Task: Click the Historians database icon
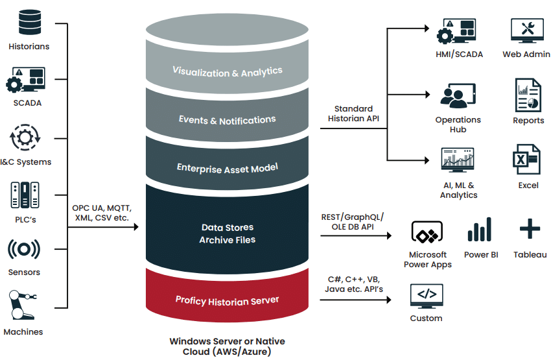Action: point(29,22)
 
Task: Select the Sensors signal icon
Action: point(24,250)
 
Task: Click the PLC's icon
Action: point(23,196)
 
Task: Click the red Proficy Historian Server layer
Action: point(227,300)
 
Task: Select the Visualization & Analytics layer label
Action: point(227,71)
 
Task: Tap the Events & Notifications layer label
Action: point(227,120)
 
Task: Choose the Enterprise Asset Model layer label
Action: point(227,168)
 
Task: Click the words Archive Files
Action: point(227,240)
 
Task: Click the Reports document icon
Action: point(528,95)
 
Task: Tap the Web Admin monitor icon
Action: point(527,30)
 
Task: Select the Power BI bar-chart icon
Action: point(480,230)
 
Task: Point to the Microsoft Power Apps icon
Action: point(427,232)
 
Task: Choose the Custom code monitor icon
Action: point(426,296)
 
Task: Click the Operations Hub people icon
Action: point(458,95)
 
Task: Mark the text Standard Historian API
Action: point(353,114)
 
